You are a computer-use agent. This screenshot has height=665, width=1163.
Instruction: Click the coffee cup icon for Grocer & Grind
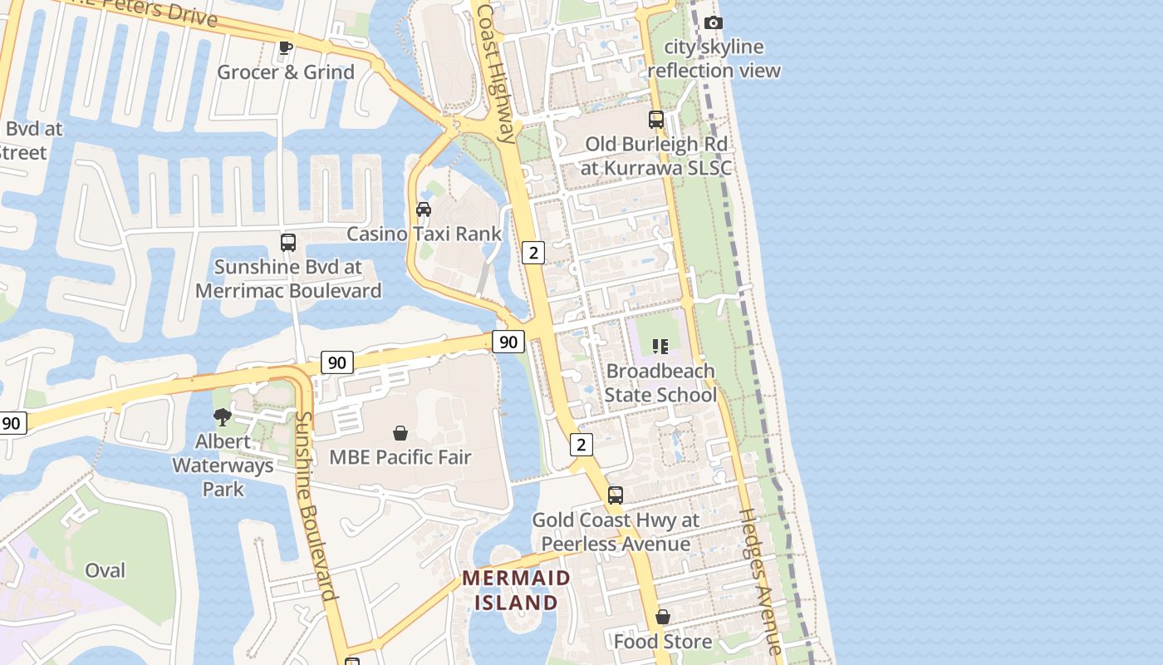286,47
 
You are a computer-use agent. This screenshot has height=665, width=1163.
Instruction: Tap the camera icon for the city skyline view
714,22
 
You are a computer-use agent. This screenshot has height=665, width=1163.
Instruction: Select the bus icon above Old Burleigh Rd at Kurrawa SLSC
656,120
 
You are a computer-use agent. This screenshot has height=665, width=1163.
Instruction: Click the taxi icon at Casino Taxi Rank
424,209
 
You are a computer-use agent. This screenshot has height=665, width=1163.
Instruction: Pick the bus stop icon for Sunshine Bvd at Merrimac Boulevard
288,243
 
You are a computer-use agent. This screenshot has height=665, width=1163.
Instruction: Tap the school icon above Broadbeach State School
660,346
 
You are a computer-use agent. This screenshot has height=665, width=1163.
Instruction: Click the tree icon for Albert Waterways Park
222,416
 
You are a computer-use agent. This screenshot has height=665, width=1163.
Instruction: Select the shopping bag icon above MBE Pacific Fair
400,433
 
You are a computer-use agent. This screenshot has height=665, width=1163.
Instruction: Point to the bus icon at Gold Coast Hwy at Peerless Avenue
616,495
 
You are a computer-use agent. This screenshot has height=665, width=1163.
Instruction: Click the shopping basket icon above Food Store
663,617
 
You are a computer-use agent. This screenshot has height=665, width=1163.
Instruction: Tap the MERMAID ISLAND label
517,590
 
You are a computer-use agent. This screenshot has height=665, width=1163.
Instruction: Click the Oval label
106,570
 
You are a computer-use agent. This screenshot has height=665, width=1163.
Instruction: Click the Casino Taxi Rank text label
424,234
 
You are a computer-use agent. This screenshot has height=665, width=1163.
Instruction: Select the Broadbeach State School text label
660,382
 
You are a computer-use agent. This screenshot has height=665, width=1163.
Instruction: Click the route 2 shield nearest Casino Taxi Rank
533,252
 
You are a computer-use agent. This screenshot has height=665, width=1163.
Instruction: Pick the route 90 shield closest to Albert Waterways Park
336,362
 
